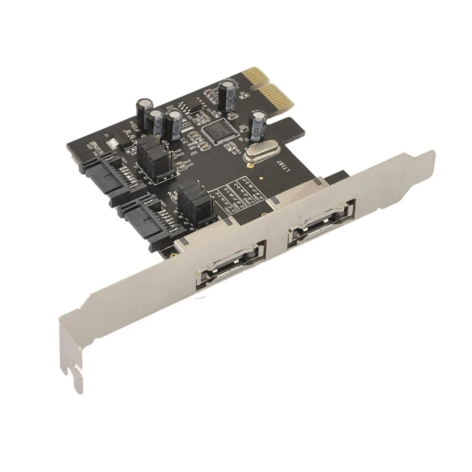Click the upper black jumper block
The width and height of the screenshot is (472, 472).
(x=154, y=154)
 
